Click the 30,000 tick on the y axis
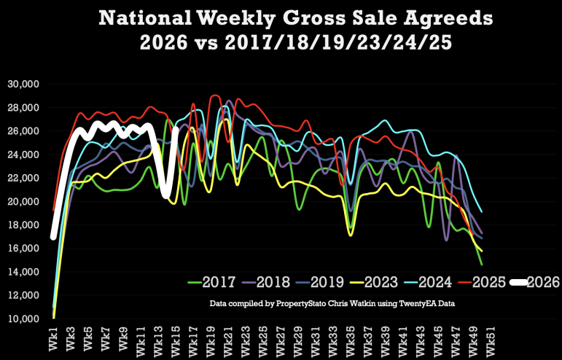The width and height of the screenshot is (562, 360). point(24,85)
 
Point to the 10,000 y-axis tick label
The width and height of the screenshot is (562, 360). point(24,319)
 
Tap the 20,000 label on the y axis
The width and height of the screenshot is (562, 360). point(24,202)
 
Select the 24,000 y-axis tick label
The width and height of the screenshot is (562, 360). point(24,154)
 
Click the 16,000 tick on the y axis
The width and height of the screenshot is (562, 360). point(24,249)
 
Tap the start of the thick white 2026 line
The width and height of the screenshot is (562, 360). point(53,236)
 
